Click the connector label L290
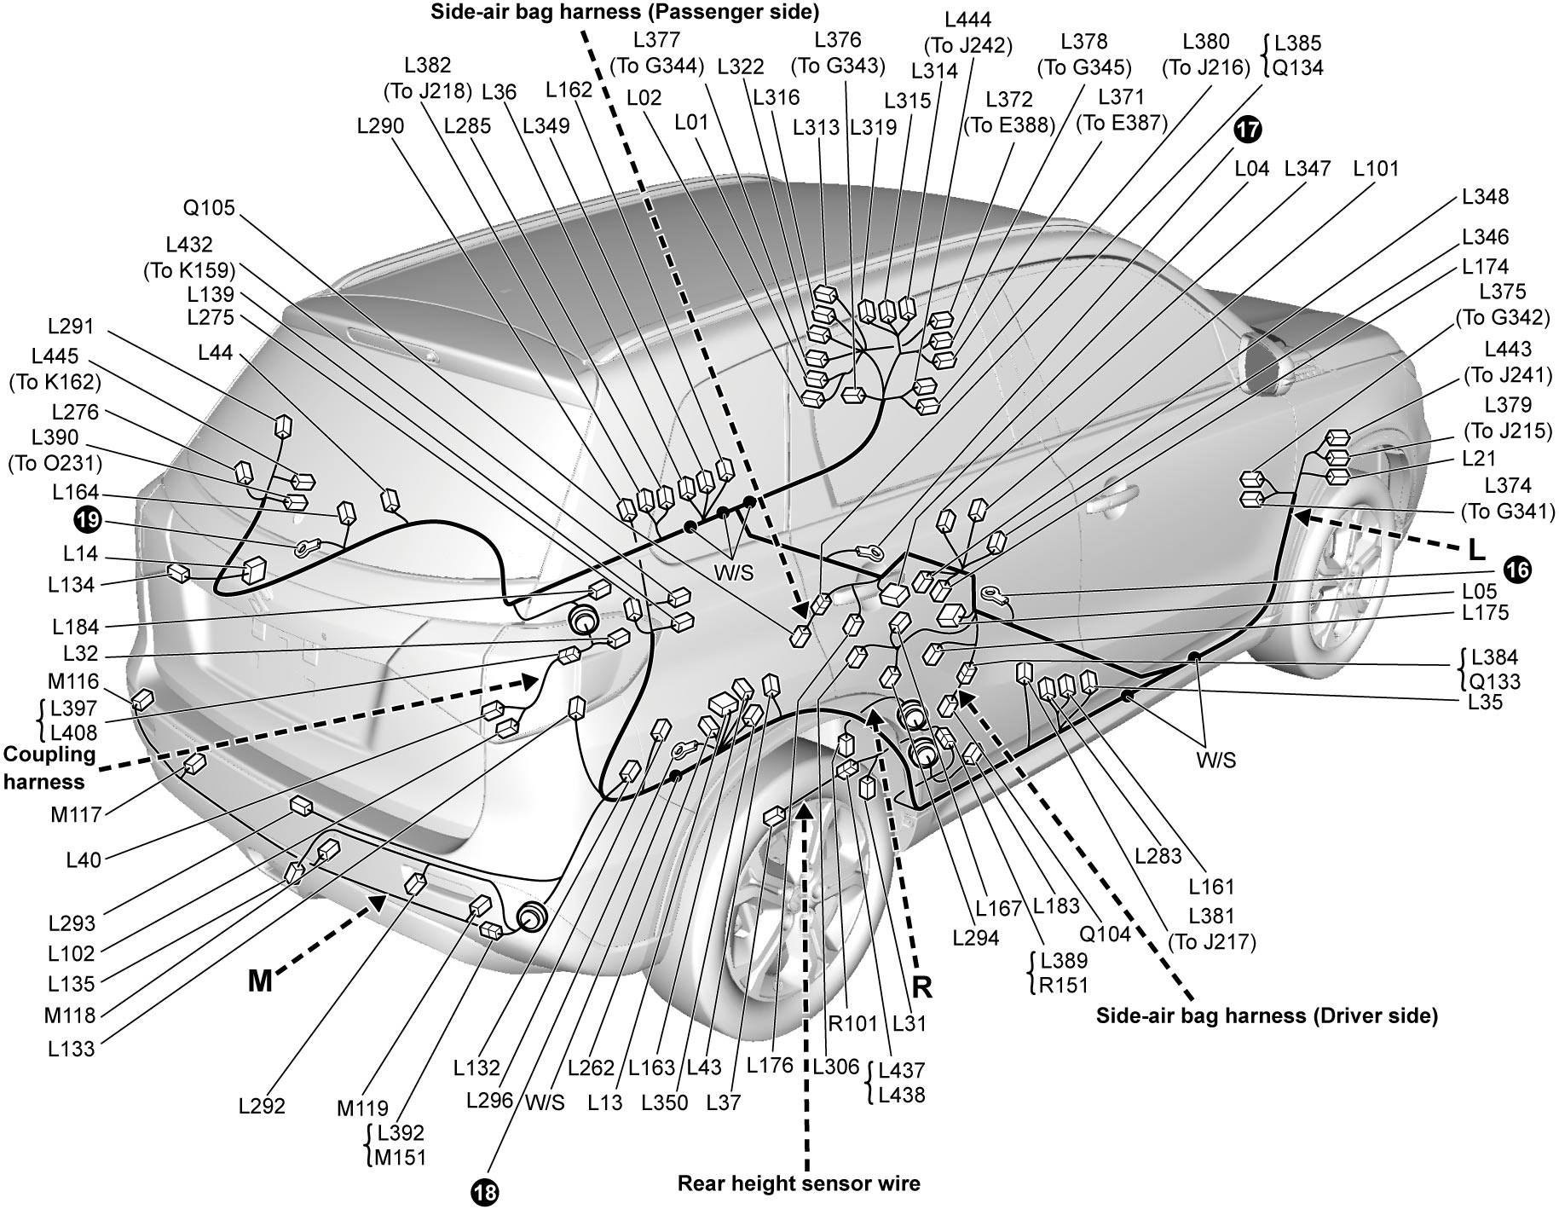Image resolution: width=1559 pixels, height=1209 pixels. click(381, 126)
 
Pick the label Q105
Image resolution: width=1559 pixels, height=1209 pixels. click(209, 208)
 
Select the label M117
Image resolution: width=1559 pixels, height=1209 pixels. click(76, 815)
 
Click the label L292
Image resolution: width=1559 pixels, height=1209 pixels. click(262, 1107)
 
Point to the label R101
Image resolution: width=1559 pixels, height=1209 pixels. click(852, 1023)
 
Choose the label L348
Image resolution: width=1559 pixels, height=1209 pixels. click(1485, 197)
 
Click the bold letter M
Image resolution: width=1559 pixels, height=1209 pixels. click(260, 982)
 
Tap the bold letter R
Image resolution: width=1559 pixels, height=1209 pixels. click(922, 987)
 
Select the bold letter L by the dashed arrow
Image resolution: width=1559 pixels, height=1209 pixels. click(1476, 551)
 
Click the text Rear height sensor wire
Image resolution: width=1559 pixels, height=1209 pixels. click(799, 1183)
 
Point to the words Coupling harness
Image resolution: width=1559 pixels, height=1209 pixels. click(50, 768)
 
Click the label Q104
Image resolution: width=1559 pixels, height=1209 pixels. click(1106, 934)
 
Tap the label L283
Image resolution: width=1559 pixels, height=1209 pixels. click(1159, 855)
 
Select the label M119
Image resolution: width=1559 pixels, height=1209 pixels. click(362, 1108)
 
